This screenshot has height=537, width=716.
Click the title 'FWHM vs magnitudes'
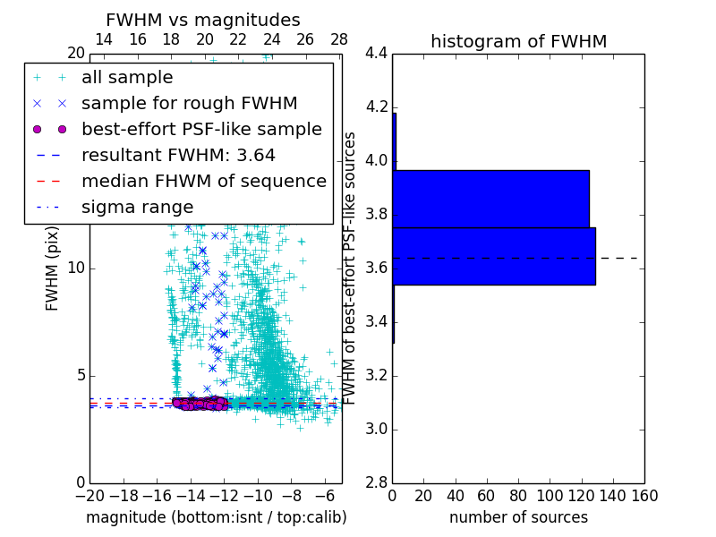point(203,20)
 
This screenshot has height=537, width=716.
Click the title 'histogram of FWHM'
point(518,41)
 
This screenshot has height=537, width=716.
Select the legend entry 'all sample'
point(127,78)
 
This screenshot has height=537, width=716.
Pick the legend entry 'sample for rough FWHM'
point(189,103)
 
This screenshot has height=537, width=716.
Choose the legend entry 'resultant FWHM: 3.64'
point(178,155)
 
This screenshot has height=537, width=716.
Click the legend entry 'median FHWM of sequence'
point(203,181)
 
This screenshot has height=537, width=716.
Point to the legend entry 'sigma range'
point(137,207)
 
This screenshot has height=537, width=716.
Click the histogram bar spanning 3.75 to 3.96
point(490,199)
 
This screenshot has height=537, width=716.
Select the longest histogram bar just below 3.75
point(493,256)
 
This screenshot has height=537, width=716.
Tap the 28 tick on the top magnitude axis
point(338,39)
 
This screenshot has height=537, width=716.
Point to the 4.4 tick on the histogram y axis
point(376,54)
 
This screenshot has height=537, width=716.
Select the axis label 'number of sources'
point(518,517)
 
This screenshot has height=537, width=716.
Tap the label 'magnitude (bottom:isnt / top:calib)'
point(216,517)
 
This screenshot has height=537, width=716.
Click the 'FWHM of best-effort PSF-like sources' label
point(351,268)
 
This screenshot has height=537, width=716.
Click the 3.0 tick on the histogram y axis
point(376,429)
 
